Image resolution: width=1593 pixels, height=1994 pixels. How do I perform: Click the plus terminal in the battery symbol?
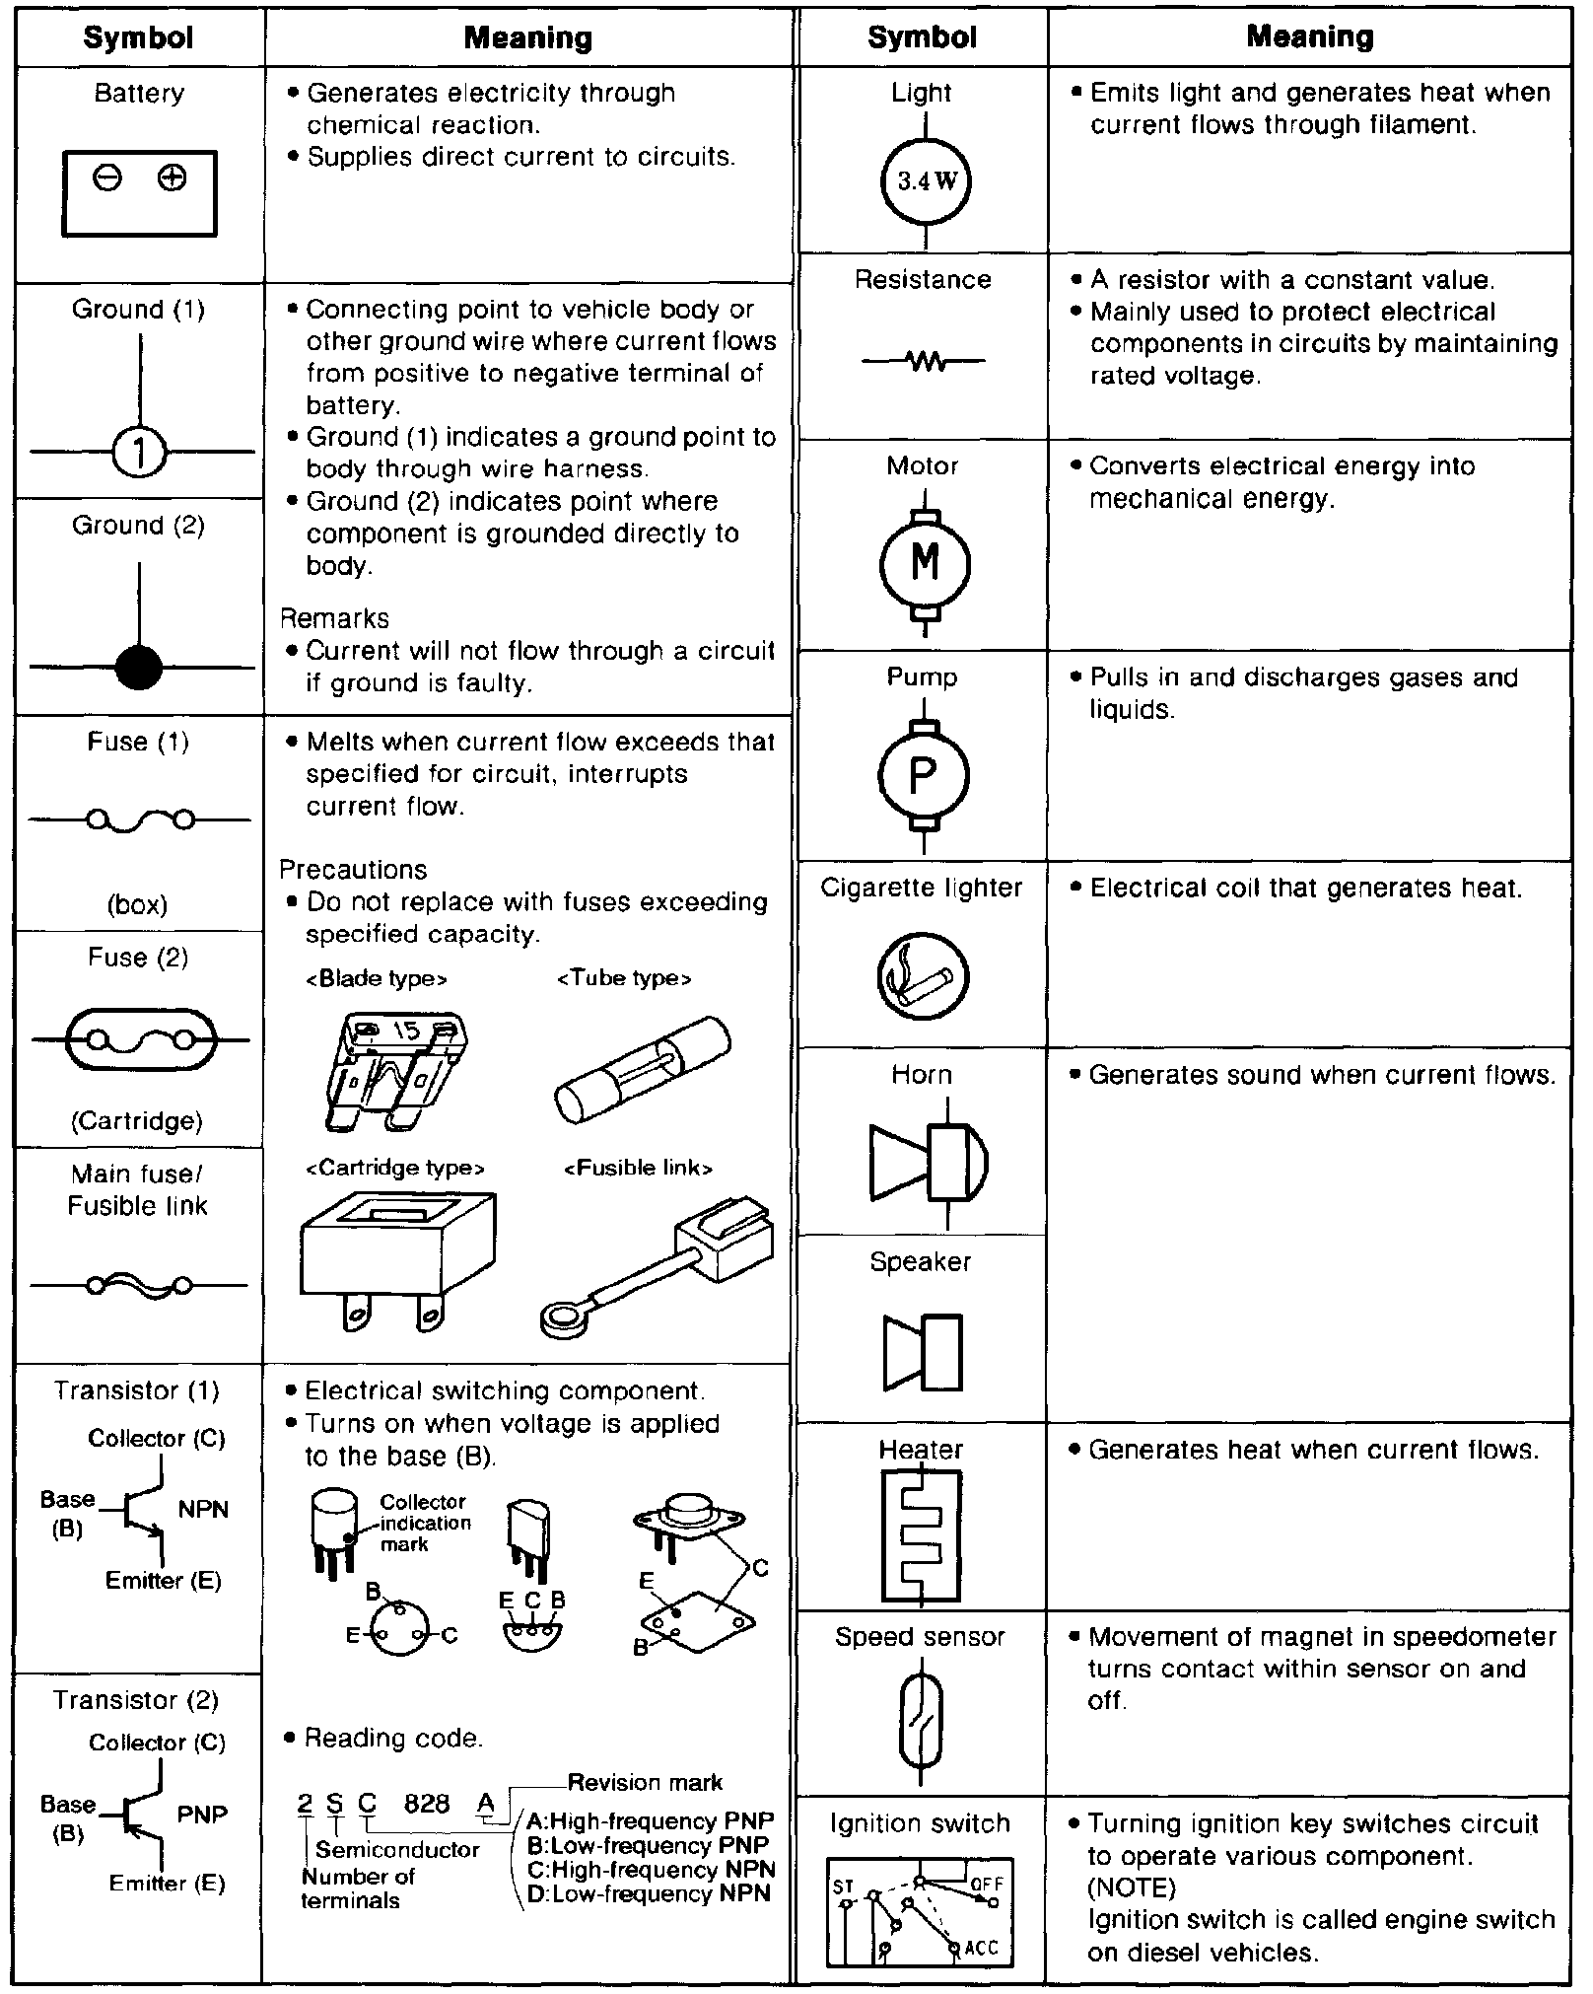coord(173,178)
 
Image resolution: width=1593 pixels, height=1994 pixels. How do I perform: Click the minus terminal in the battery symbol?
coord(107,178)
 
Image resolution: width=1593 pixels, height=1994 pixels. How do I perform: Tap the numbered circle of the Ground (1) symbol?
coord(139,453)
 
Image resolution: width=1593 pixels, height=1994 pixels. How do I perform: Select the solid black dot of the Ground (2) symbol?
coord(138,668)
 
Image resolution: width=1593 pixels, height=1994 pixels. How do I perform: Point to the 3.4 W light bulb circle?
coord(925,181)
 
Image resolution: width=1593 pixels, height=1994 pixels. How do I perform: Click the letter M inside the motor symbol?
coord(925,563)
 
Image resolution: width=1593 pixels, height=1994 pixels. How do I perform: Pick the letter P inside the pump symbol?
coord(924,776)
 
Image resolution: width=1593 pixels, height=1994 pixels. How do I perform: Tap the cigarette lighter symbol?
coord(923,976)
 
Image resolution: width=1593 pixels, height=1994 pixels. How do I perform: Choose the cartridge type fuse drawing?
coord(397,1258)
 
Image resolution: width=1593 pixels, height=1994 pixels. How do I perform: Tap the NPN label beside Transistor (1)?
coord(203,1510)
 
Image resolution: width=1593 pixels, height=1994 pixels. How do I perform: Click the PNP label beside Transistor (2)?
coord(202,1815)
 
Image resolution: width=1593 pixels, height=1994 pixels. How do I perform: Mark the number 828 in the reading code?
coord(427,1804)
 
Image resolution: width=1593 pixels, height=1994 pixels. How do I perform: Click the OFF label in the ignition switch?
coord(987,1884)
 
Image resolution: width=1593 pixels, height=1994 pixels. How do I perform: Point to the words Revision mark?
coord(645,1783)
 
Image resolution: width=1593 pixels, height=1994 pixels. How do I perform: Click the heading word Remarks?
coord(335,618)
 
